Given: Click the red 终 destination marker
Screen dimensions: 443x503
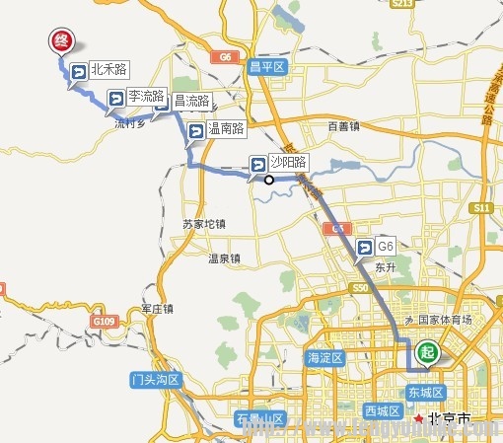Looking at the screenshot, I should click(x=61, y=42).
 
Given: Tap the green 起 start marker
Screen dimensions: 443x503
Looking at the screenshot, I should click(x=427, y=350).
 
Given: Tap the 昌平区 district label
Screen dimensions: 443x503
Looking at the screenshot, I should click(x=266, y=67).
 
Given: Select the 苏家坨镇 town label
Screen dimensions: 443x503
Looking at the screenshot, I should click(x=204, y=224).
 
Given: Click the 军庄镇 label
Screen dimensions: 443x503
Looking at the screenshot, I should click(x=156, y=308).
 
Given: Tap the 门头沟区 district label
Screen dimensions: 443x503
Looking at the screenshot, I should click(x=155, y=379).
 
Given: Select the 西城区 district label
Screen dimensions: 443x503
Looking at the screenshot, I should click(x=380, y=409).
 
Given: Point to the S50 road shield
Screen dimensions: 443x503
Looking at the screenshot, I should click(x=359, y=288).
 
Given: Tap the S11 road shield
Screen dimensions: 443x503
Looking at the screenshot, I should click(x=482, y=208).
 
